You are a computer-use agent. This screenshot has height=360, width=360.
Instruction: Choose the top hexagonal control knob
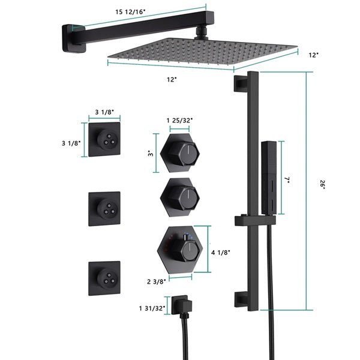click(x=180, y=153)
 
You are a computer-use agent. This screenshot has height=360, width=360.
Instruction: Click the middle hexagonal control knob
click(x=180, y=196)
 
